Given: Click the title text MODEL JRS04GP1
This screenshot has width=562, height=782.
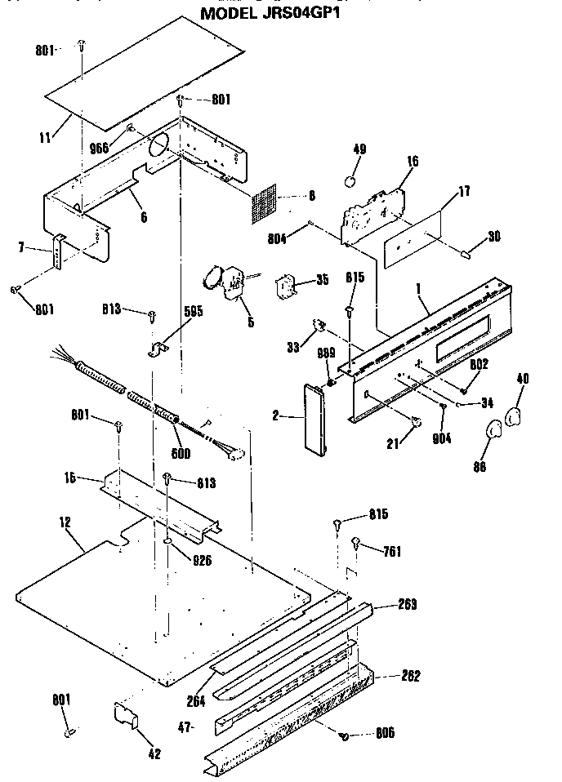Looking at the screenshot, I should pos(270,13).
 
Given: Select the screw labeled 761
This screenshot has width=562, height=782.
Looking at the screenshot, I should pos(357,542).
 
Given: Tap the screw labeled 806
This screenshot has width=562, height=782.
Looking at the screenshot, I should pos(345,736).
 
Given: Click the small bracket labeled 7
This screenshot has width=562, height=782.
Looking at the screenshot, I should pos(58,252).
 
